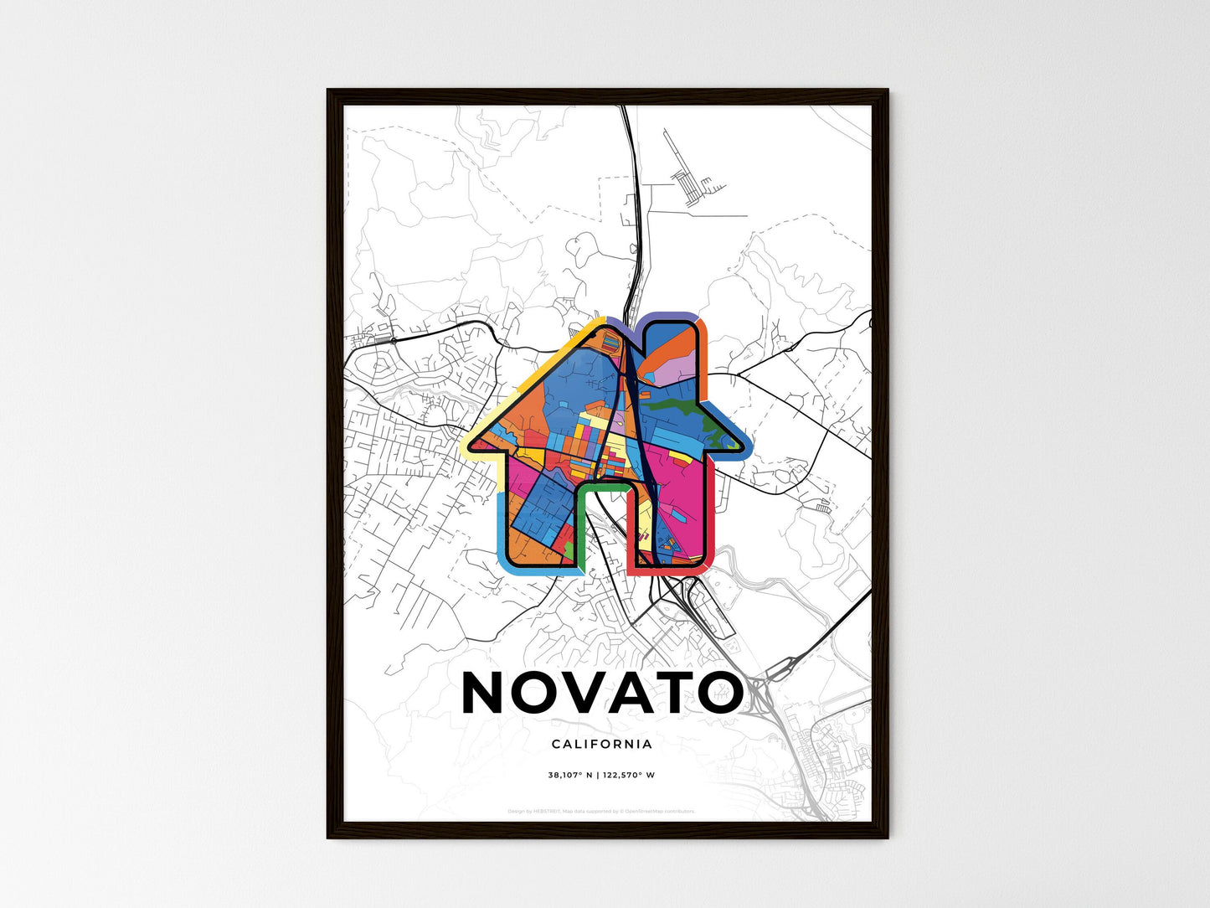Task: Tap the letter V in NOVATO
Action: (596, 693)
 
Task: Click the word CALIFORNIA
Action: (602, 744)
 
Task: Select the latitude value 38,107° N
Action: (569, 775)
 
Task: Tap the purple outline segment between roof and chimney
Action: (624, 323)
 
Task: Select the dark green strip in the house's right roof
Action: (682, 408)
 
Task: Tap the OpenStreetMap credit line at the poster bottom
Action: (602, 811)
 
